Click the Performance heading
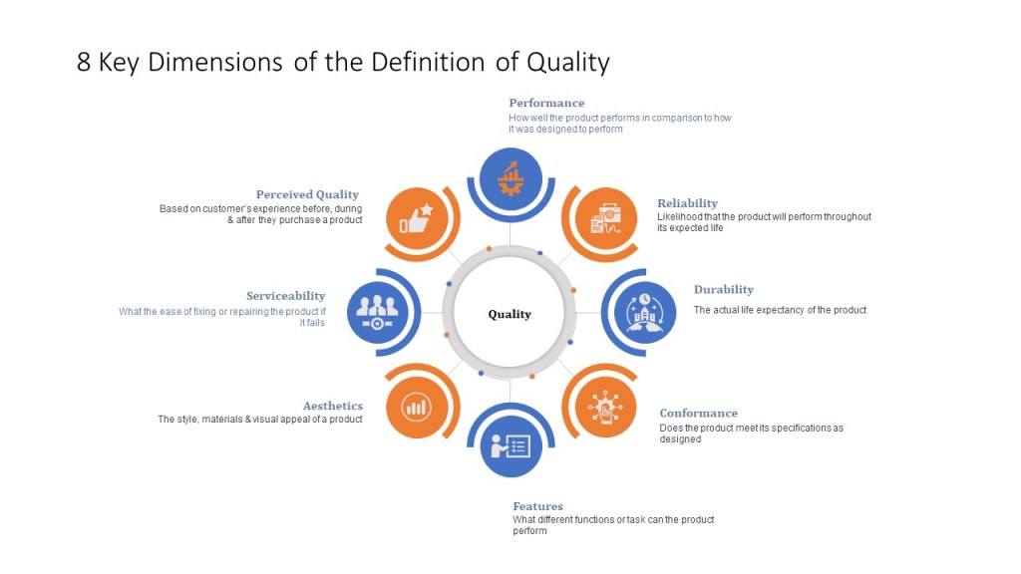[x=546, y=103]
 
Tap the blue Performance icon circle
[x=510, y=178]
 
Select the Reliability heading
[x=687, y=203]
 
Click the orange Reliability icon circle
[x=605, y=218]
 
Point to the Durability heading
[x=724, y=290]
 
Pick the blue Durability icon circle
[x=645, y=312]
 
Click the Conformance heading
[x=699, y=414]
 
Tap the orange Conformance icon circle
[x=605, y=407]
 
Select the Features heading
[x=537, y=506]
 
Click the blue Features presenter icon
[x=510, y=445]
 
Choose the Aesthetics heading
[x=333, y=407]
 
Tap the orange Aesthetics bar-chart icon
[x=417, y=408]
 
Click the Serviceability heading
[x=286, y=296]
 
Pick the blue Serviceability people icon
[x=378, y=312]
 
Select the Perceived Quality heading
[x=307, y=194]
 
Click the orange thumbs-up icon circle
[x=417, y=218]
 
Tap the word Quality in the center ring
[x=510, y=314]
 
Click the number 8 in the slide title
[x=84, y=63]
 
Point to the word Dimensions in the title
[x=215, y=63]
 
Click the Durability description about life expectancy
[x=780, y=311]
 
